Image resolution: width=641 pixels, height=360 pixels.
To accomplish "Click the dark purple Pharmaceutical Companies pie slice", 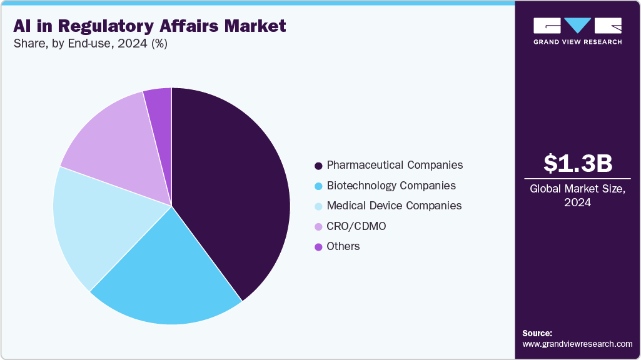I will coord(231,187).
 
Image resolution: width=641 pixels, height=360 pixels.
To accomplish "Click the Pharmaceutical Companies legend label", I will coord(395,165).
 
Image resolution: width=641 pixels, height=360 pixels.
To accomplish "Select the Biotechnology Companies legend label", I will coord(391,186).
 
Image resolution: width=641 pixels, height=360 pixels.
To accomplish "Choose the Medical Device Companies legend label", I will coord(394,206).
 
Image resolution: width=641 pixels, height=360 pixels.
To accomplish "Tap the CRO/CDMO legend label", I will coord(356,226).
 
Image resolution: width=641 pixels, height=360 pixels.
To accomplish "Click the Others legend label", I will coord(343,246).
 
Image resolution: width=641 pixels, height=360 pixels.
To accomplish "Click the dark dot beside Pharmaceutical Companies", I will coord(318,166).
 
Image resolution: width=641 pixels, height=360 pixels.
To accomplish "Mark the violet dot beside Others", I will coord(318,247).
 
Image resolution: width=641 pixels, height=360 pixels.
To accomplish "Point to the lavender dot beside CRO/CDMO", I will coord(318,226).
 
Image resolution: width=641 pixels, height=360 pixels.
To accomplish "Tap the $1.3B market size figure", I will coord(577,163).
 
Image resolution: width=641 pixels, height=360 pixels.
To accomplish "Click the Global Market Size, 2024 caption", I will coord(577,196).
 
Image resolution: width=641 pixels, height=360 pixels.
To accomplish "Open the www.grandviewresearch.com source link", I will coord(577,344).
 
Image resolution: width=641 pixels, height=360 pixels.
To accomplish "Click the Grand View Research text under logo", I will coord(577,42).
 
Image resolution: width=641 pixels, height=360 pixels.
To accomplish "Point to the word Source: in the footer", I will coord(537,333).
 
